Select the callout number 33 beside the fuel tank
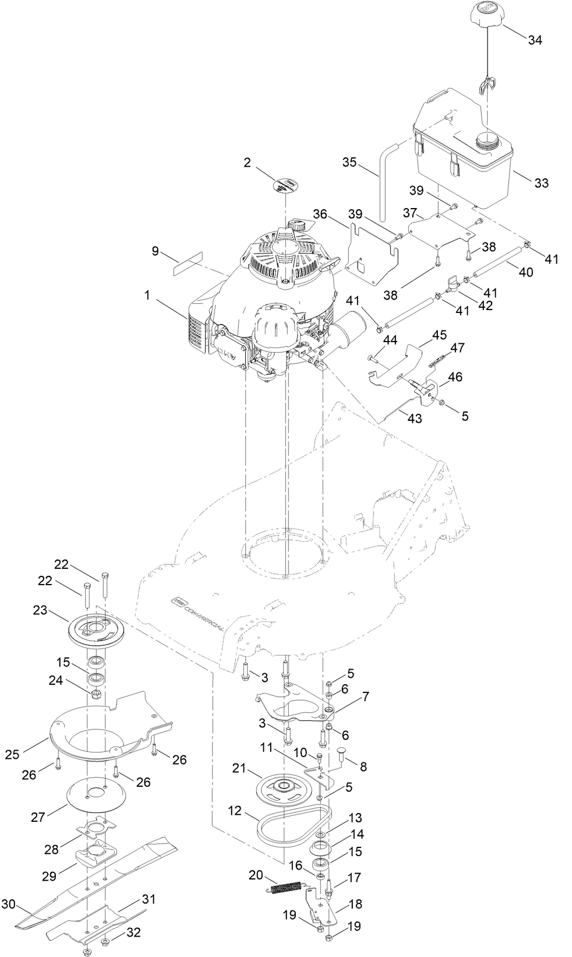[541, 183]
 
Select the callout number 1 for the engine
[148, 295]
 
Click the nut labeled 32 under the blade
[105, 943]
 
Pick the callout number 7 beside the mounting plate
[365, 696]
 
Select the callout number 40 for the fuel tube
[525, 273]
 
